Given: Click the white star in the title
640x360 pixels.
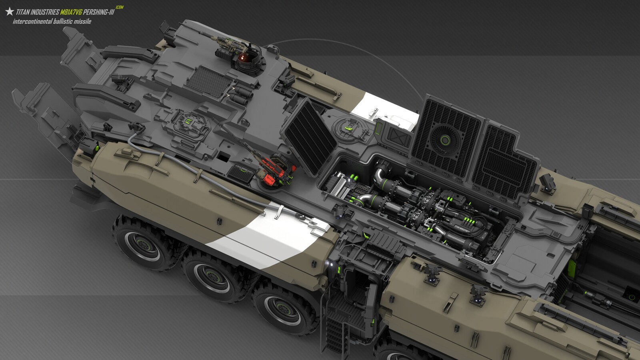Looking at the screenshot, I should click(10, 12).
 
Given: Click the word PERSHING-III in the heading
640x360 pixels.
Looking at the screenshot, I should click(98, 12).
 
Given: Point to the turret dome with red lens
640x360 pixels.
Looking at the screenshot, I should click(245, 60).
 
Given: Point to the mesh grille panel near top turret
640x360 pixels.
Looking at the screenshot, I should click(210, 82).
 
